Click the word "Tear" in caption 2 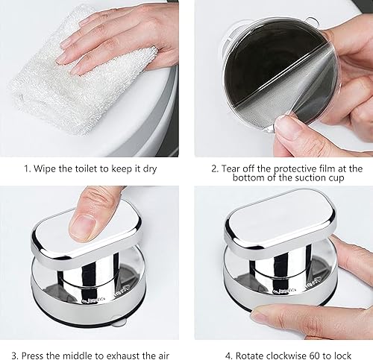tap(231, 168)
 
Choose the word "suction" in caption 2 tap(309, 178)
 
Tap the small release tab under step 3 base tap(118, 321)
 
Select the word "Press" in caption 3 tap(34, 355)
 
